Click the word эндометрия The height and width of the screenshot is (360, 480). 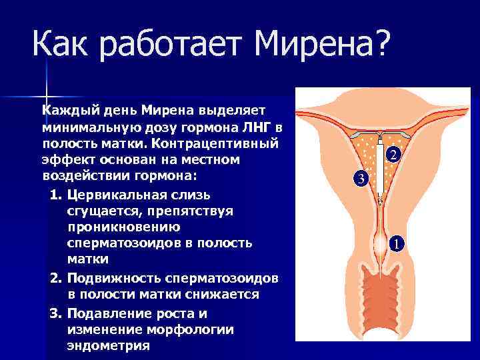(x=108, y=347)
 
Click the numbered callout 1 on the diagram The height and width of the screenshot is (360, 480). (x=396, y=244)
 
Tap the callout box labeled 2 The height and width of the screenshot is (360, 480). (x=393, y=155)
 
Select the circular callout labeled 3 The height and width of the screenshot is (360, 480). (x=361, y=179)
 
